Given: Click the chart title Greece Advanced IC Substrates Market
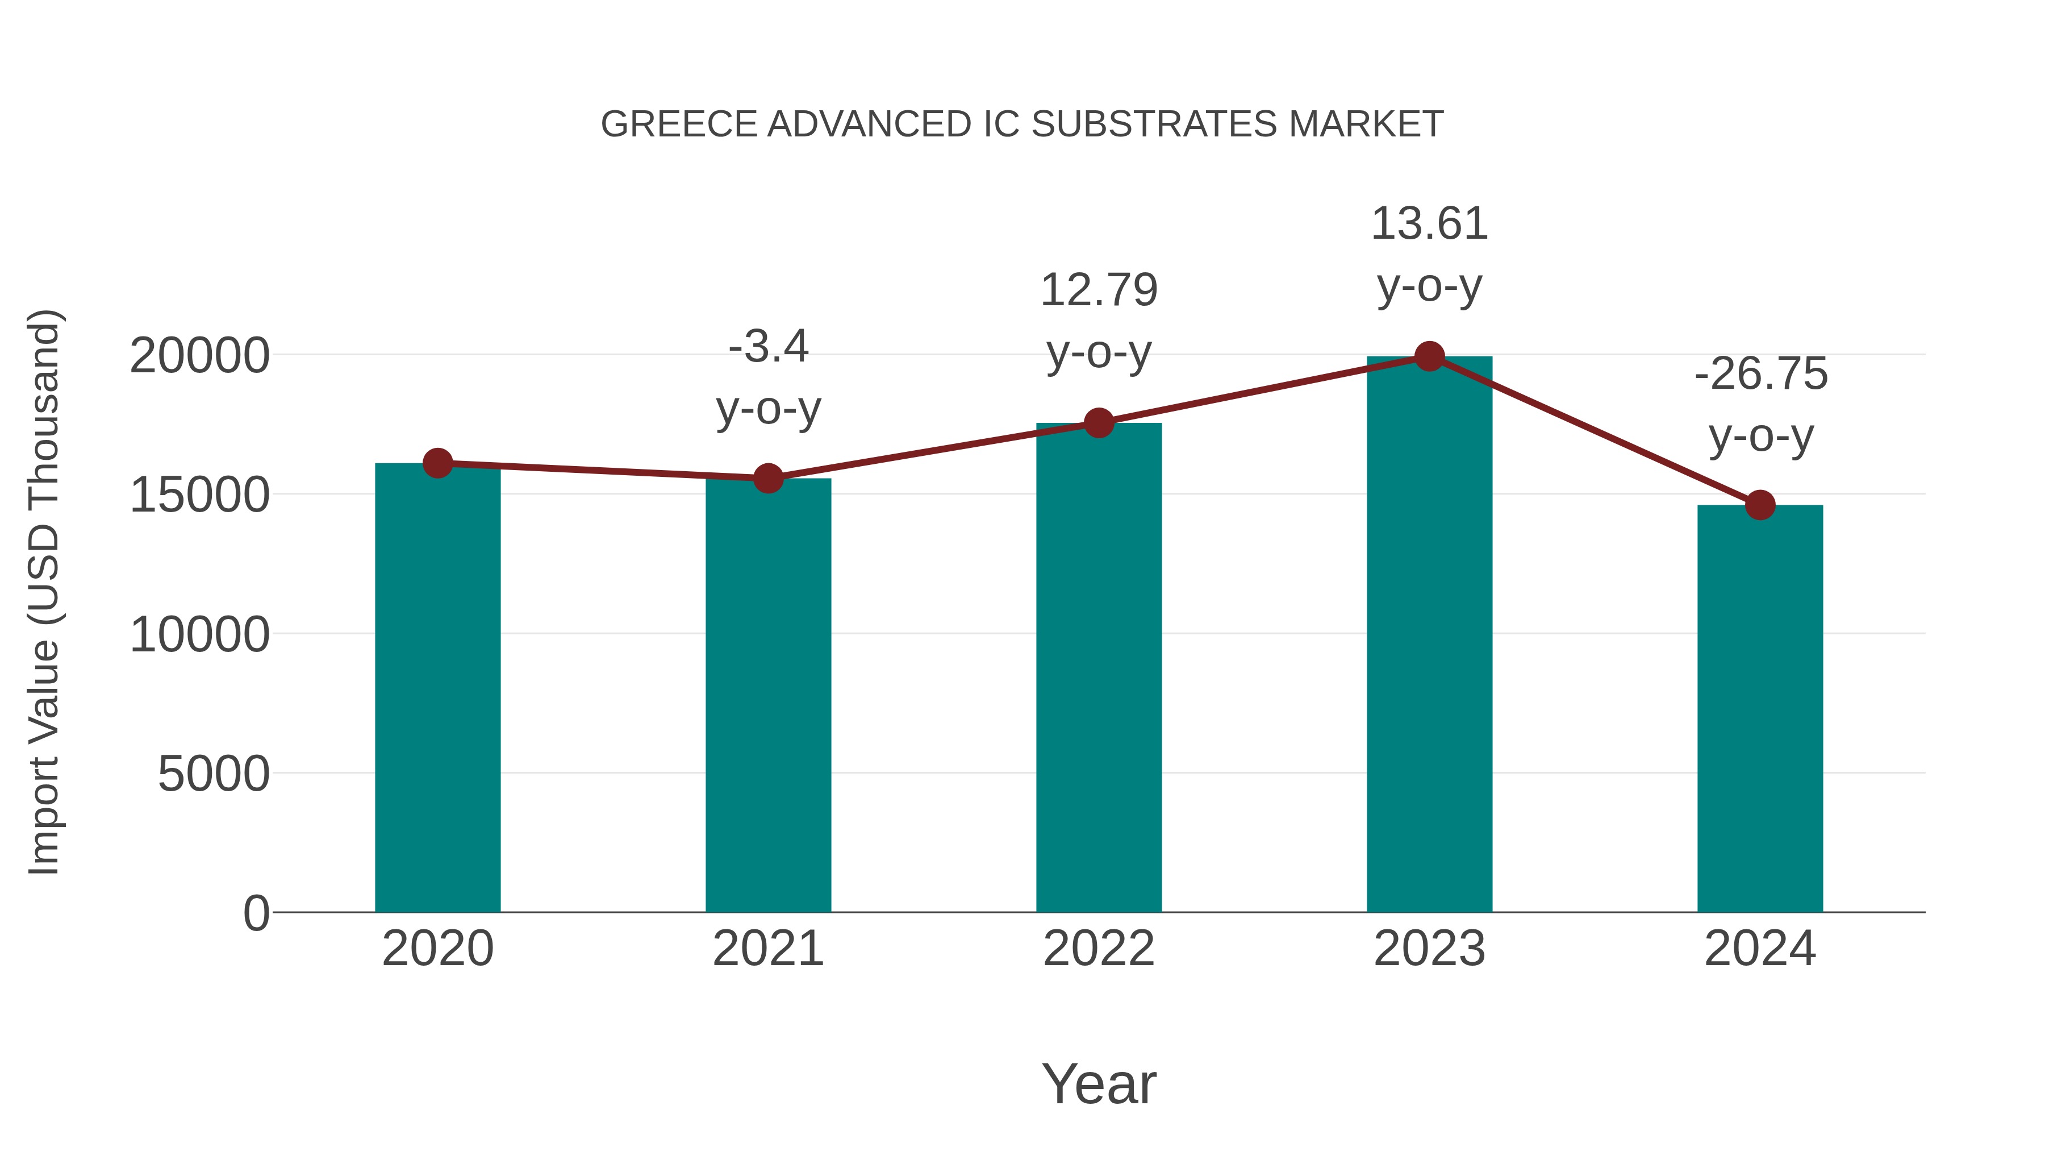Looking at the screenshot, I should (1022, 124).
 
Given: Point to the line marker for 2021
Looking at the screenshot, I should (767, 478).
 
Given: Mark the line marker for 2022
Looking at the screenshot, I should (1099, 423).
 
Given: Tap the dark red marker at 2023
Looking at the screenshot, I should (1429, 356).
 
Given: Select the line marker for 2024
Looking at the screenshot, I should (1760, 505).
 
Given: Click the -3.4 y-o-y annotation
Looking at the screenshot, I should (767, 378).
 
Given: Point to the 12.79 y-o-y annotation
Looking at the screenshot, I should (1099, 321).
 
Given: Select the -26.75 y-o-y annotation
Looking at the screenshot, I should (1760, 405).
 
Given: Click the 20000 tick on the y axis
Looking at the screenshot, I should (199, 356).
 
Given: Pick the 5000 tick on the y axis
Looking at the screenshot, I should (214, 774).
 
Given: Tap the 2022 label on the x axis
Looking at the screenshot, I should (1099, 949).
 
